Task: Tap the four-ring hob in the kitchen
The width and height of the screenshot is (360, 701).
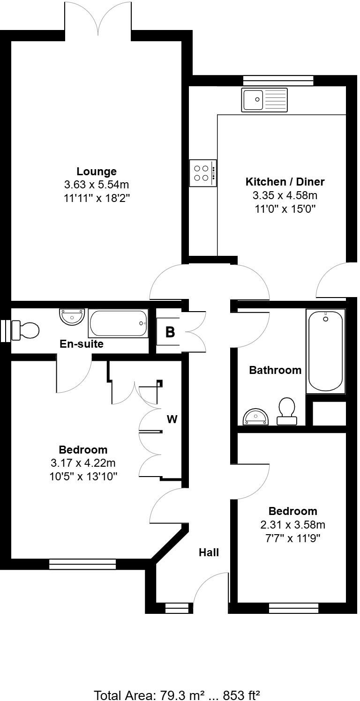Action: (203, 173)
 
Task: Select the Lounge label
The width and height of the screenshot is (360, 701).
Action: (97, 172)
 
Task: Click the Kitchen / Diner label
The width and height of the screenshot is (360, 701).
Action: (285, 182)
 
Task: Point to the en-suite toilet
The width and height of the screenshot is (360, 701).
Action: (25, 330)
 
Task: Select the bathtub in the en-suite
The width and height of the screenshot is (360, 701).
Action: (119, 323)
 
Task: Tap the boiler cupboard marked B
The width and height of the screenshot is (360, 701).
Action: (170, 332)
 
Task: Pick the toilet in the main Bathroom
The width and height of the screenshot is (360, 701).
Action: (287, 411)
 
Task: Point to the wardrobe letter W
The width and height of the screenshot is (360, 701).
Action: (172, 419)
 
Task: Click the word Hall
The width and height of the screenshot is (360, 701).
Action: (209, 552)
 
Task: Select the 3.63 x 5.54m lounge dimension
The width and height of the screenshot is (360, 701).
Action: (97, 185)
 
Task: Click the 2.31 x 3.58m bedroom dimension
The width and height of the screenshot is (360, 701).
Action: (292, 524)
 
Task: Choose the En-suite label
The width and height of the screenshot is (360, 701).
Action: (82, 344)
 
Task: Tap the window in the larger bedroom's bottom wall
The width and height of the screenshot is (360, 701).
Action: (82, 564)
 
